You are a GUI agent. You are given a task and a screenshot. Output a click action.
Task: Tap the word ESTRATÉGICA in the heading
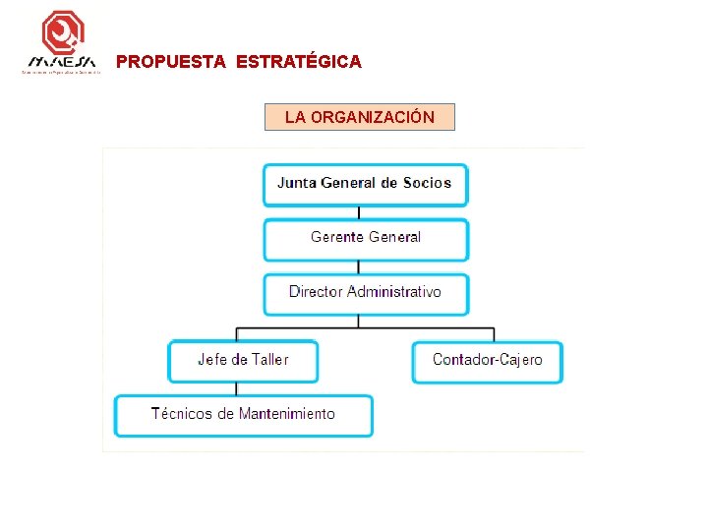pos(299,62)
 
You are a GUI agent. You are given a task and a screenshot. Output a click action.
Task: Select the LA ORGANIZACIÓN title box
pos(360,117)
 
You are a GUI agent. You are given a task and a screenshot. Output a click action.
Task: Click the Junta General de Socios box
pos(365,184)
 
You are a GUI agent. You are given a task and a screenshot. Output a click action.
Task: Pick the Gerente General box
pos(365,238)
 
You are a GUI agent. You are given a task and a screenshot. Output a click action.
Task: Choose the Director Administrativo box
pos(365,293)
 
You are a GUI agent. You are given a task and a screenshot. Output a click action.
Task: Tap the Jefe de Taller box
pos(243,360)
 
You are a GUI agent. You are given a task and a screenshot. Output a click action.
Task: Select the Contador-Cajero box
pos(487,361)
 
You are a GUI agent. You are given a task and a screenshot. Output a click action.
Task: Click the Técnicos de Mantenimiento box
pos(243,415)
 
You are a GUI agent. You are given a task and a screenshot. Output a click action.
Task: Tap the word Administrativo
pos(394,292)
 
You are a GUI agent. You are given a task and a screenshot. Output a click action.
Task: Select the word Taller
pos(268,360)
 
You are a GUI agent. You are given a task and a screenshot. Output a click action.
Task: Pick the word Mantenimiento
pos(286,414)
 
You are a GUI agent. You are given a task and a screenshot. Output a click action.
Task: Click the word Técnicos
pos(181,414)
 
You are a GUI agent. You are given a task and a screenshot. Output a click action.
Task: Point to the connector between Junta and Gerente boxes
pos(359,211)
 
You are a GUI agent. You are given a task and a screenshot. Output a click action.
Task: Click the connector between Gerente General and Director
pos(359,266)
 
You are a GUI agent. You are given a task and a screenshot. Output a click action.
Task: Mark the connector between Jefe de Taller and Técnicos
pos(236,388)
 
